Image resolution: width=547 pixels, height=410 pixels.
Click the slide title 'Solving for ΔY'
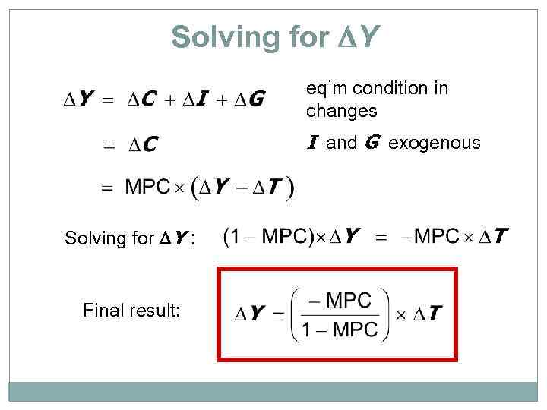click(x=274, y=36)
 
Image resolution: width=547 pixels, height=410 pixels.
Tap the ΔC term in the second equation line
click(x=142, y=143)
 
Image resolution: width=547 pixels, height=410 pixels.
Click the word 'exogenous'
click(x=434, y=143)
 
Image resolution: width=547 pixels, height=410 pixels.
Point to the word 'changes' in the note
click(x=341, y=111)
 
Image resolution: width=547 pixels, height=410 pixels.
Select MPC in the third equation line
click(x=147, y=187)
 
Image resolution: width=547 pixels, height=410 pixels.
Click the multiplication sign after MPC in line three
click(x=179, y=188)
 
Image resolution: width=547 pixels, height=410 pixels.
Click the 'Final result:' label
click(x=131, y=310)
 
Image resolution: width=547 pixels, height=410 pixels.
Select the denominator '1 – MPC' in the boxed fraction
click(x=339, y=329)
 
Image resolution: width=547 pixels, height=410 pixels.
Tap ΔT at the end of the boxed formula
click(x=428, y=314)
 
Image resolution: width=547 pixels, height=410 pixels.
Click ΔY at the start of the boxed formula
click(x=250, y=314)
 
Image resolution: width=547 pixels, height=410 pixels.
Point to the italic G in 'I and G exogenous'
click(x=372, y=143)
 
